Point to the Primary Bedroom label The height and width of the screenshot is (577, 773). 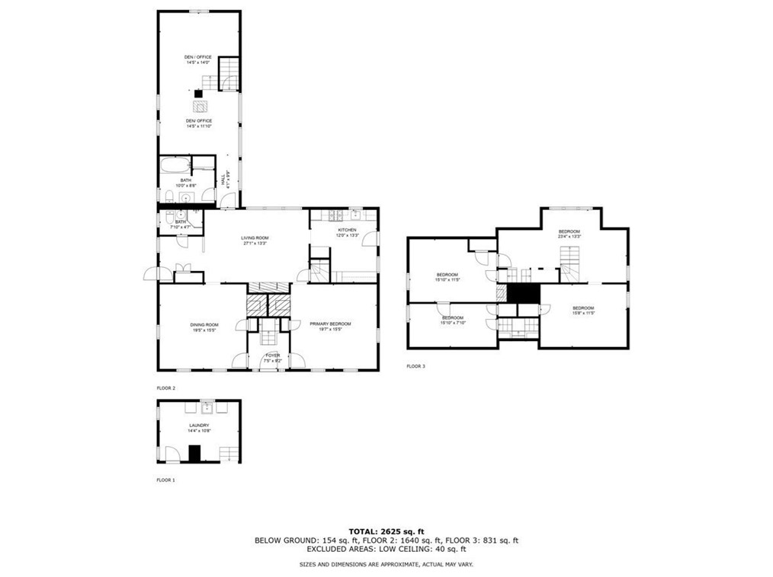coord(330,327)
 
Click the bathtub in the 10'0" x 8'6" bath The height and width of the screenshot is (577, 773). coord(175,164)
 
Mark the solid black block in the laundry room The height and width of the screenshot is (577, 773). coord(194,454)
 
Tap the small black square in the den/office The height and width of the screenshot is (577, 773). coord(198,94)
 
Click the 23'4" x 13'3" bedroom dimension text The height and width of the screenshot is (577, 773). coord(569,237)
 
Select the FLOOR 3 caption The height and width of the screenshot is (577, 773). coord(415,366)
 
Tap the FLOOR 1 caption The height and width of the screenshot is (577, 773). coord(165,480)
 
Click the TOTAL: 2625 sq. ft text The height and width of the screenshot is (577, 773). coord(386,531)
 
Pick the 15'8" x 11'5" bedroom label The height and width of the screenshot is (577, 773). coord(582,310)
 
